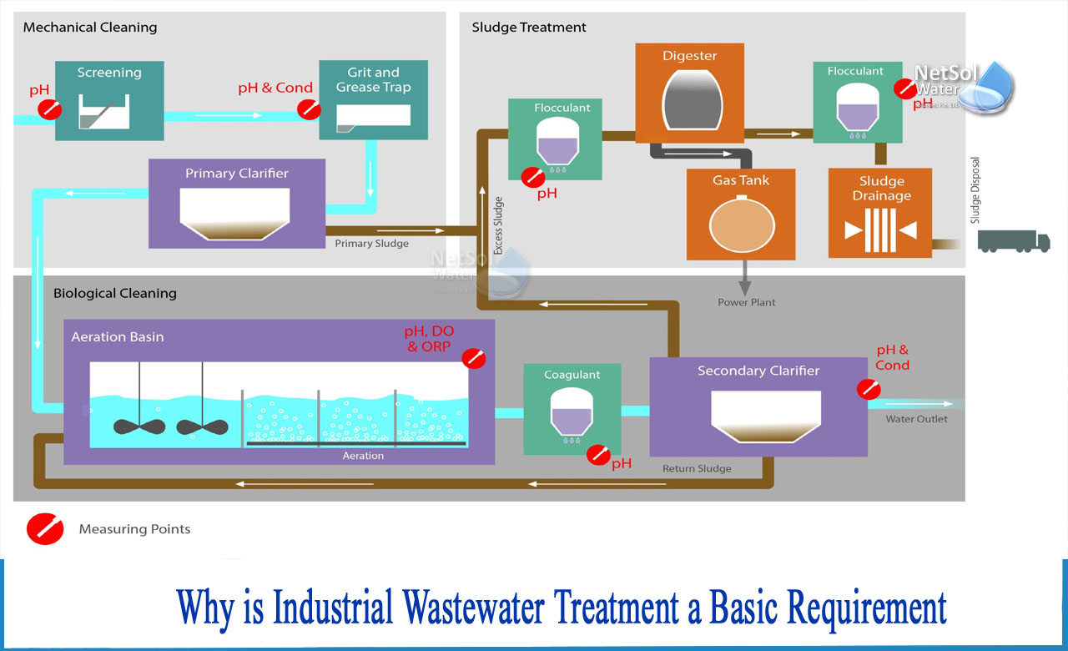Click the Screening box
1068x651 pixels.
(109, 101)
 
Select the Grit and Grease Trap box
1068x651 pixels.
(373, 100)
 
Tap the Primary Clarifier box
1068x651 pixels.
(237, 204)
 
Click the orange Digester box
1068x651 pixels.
(689, 92)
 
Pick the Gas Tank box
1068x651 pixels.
(740, 214)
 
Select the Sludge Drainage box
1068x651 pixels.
(881, 213)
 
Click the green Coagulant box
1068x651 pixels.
(572, 409)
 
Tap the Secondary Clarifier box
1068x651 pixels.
(758, 406)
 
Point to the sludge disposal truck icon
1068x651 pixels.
(1014, 241)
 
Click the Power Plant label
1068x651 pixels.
(746, 302)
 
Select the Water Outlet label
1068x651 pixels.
(916, 419)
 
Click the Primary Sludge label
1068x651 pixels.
(371, 244)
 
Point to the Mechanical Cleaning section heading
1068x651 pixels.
(90, 28)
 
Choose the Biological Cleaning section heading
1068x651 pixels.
(115, 294)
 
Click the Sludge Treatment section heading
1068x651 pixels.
(529, 28)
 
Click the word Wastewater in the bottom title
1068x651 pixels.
(483, 608)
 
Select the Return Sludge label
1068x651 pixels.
(697, 469)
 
